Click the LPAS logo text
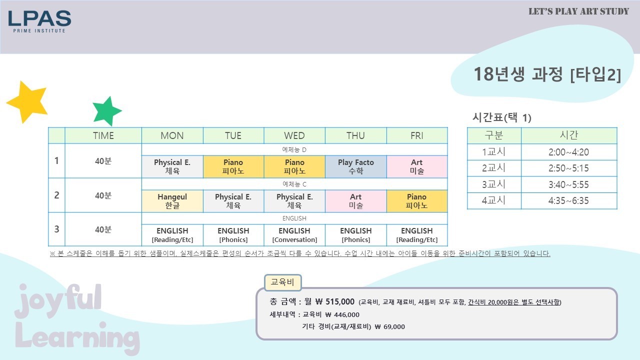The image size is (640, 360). point(39,18)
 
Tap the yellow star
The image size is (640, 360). point(28,102)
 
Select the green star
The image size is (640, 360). point(107,111)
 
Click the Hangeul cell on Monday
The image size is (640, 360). point(172,201)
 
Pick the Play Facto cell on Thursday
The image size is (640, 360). point(355,166)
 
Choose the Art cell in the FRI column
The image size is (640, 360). point(417,166)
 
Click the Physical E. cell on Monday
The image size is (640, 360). point(172,166)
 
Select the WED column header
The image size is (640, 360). point(294,135)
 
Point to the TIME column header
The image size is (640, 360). point(103,135)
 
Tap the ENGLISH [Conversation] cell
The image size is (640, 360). point(294,235)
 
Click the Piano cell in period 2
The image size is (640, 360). point(417,201)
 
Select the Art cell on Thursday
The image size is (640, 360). point(355,201)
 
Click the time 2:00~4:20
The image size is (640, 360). point(568,152)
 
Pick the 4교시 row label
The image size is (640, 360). point(493,200)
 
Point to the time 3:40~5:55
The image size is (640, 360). point(568,184)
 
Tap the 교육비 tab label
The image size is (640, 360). point(282,282)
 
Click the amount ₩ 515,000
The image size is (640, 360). point(335,301)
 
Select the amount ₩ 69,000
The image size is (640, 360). point(389,326)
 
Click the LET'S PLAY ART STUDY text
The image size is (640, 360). point(579,11)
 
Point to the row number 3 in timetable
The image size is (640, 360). point(56,229)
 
